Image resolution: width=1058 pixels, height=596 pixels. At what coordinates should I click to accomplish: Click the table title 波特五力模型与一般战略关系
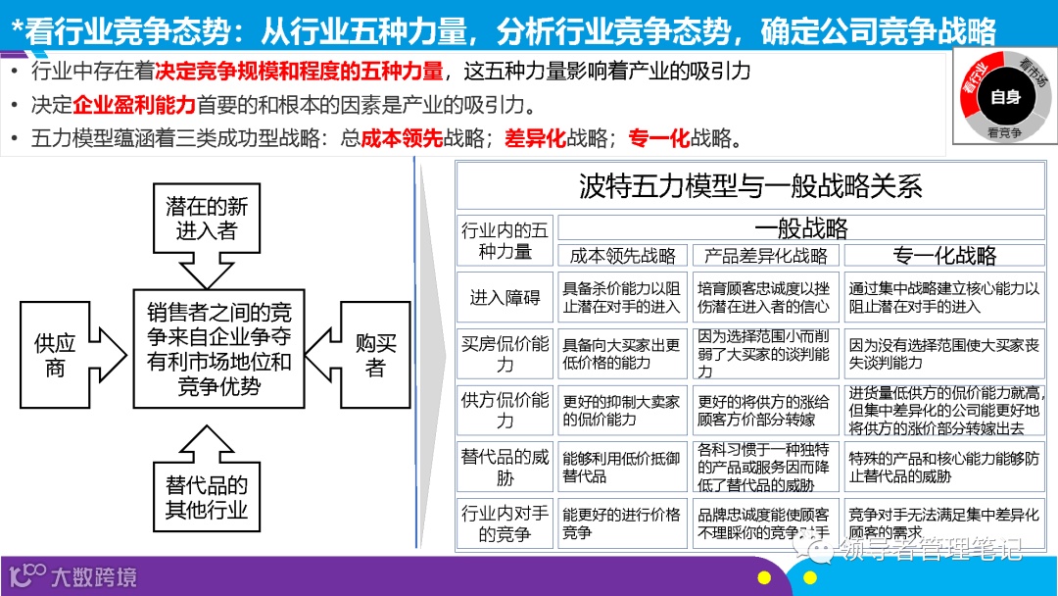click(750, 186)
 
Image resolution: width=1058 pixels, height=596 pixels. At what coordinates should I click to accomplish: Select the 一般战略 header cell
click(800, 228)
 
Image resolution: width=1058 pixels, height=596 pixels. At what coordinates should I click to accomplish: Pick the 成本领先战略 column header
click(623, 256)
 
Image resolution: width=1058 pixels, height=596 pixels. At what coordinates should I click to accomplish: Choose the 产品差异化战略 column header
click(766, 256)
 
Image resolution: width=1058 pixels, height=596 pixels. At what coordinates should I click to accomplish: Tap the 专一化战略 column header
click(944, 256)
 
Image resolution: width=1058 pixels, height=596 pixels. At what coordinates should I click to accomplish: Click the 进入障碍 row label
click(505, 297)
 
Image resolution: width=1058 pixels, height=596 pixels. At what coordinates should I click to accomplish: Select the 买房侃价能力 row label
click(505, 354)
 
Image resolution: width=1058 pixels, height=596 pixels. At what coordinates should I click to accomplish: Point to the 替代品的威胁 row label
click(505, 467)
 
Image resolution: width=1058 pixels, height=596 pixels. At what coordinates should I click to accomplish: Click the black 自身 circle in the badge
click(1005, 97)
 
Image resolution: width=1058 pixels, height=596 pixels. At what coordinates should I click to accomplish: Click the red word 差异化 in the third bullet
click(535, 138)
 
